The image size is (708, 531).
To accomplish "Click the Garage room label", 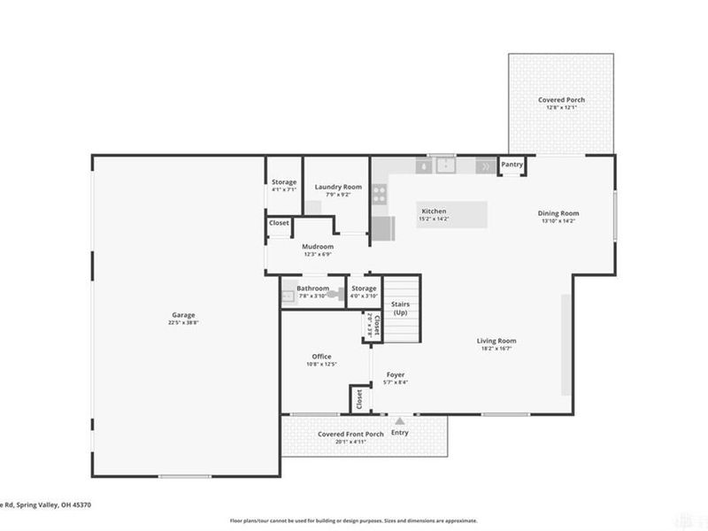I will (183, 315).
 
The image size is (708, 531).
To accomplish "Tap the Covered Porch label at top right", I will (561, 100).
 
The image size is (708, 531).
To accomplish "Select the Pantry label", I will (512, 165).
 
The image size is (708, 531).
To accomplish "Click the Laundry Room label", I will (338, 187).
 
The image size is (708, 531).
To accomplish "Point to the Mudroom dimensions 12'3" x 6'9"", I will (317, 255).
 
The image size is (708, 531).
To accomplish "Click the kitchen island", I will (451, 214).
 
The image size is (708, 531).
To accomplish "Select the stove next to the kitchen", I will (379, 194).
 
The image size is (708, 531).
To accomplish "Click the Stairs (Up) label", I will (401, 308).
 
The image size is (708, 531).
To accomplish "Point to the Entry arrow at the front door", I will (400, 421).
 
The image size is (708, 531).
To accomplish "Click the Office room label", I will (321, 357).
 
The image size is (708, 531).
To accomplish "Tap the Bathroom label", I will (312, 289).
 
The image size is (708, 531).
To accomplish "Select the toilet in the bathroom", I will (332, 295).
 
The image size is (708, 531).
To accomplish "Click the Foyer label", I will (396, 375).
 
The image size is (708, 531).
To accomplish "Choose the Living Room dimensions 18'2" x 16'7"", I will (496, 349).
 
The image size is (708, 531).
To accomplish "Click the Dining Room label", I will (558, 212).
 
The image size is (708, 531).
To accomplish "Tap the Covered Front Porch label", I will (351, 434).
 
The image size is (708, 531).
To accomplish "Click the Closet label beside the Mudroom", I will (279, 223).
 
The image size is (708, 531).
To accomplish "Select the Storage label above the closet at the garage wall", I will (284, 182).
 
